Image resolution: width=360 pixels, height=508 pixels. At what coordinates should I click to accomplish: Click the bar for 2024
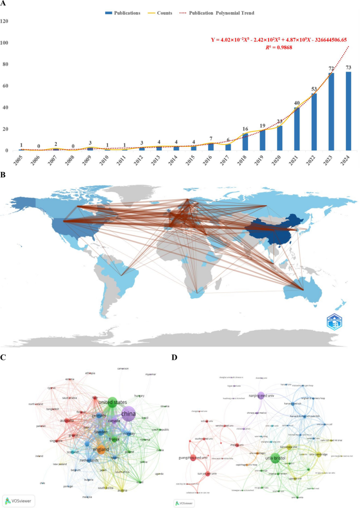(349, 111)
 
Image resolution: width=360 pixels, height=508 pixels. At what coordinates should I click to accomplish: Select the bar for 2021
(297, 129)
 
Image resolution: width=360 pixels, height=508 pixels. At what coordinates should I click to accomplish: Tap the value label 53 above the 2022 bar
(314, 88)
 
